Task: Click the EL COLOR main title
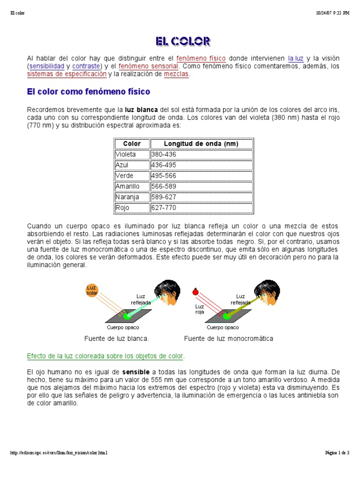pos(183,41)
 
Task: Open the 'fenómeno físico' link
pos(201,59)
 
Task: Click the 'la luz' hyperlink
pos(296,59)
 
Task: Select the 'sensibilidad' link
pos(47,67)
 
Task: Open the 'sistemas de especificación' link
pos(67,75)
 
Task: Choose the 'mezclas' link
pos(176,75)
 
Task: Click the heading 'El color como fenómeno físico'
pos(89,92)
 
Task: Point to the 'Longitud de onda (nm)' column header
pos(201,144)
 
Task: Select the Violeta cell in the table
pos(126,154)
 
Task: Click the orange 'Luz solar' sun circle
pos(92,290)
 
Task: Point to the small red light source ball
pos(195,292)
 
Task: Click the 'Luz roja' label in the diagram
pos(200,309)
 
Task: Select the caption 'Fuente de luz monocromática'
pos(229,338)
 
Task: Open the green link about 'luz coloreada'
pos(105,356)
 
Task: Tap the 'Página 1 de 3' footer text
pos(337,453)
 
